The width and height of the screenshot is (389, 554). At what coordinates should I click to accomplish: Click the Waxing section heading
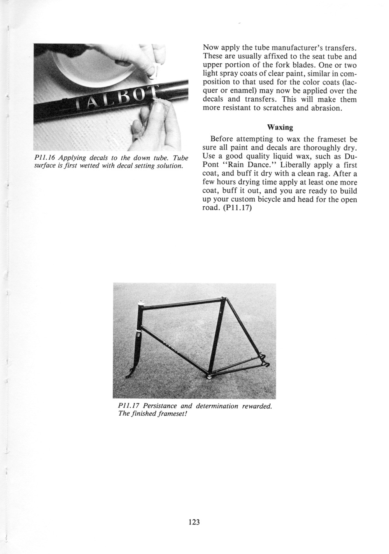coord(280,127)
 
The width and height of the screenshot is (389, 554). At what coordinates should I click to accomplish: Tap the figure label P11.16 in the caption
coord(47,158)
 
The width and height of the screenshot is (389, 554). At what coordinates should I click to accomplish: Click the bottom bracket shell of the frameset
coord(209,376)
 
